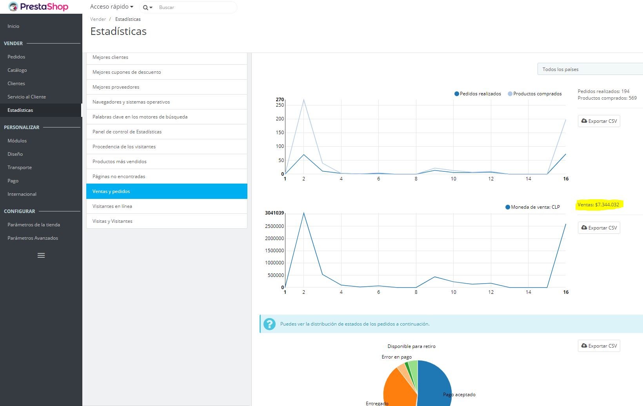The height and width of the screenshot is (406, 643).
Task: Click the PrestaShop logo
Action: [38, 7]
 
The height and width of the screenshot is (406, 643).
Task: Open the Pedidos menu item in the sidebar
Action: [16, 57]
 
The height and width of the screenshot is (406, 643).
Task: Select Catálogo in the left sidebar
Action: [17, 70]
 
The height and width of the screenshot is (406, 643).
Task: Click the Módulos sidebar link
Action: [17, 141]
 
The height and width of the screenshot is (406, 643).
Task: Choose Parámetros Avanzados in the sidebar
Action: [33, 238]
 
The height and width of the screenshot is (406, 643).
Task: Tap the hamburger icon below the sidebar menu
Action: [41, 255]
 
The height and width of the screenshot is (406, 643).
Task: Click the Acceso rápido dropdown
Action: [112, 7]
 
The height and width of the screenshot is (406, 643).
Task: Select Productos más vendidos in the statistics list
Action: [120, 162]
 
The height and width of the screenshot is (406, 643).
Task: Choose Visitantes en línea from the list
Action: [112, 206]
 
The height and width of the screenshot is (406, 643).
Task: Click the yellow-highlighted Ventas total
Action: [598, 205]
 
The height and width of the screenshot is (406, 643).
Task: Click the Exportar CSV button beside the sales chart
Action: [599, 228]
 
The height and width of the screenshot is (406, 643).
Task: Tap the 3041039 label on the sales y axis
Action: [274, 213]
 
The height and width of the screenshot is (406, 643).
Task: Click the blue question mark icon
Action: [269, 324]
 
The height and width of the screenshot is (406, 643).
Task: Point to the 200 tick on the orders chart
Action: [280, 119]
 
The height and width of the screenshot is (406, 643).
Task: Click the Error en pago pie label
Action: [396, 357]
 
